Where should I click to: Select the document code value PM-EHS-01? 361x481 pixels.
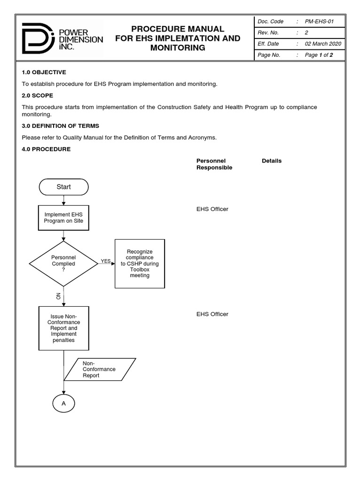[x=319, y=22]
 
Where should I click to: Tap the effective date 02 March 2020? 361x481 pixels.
[x=322, y=44]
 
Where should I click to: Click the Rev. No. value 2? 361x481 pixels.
[x=306, y=32]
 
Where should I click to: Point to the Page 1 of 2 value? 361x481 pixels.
[x=319, y=55]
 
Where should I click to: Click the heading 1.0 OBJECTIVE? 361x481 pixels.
[x=44, y=72]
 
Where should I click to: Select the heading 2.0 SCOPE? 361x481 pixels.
[x=38, y=95]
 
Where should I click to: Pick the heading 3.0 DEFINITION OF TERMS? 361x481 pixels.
[x=60, y=126]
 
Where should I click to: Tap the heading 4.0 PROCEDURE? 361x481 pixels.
[x=46, y=149]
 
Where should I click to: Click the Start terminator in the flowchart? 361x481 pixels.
[x=63, y=187]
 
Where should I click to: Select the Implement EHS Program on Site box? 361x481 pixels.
[x=63, y=217]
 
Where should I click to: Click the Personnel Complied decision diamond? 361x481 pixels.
[x=63, y=264]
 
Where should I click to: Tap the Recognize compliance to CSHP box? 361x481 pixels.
[x=140, y=264]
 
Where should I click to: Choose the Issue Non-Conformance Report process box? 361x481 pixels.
[x=63, y=328]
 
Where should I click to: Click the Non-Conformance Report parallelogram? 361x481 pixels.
[x=100, y=369]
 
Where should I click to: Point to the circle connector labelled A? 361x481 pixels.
[x=63, y=403]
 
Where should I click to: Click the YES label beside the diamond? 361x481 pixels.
[x=105, y=261]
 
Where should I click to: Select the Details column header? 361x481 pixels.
[x=272, y=161]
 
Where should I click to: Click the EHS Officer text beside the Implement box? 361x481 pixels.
[x=212, y=209]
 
